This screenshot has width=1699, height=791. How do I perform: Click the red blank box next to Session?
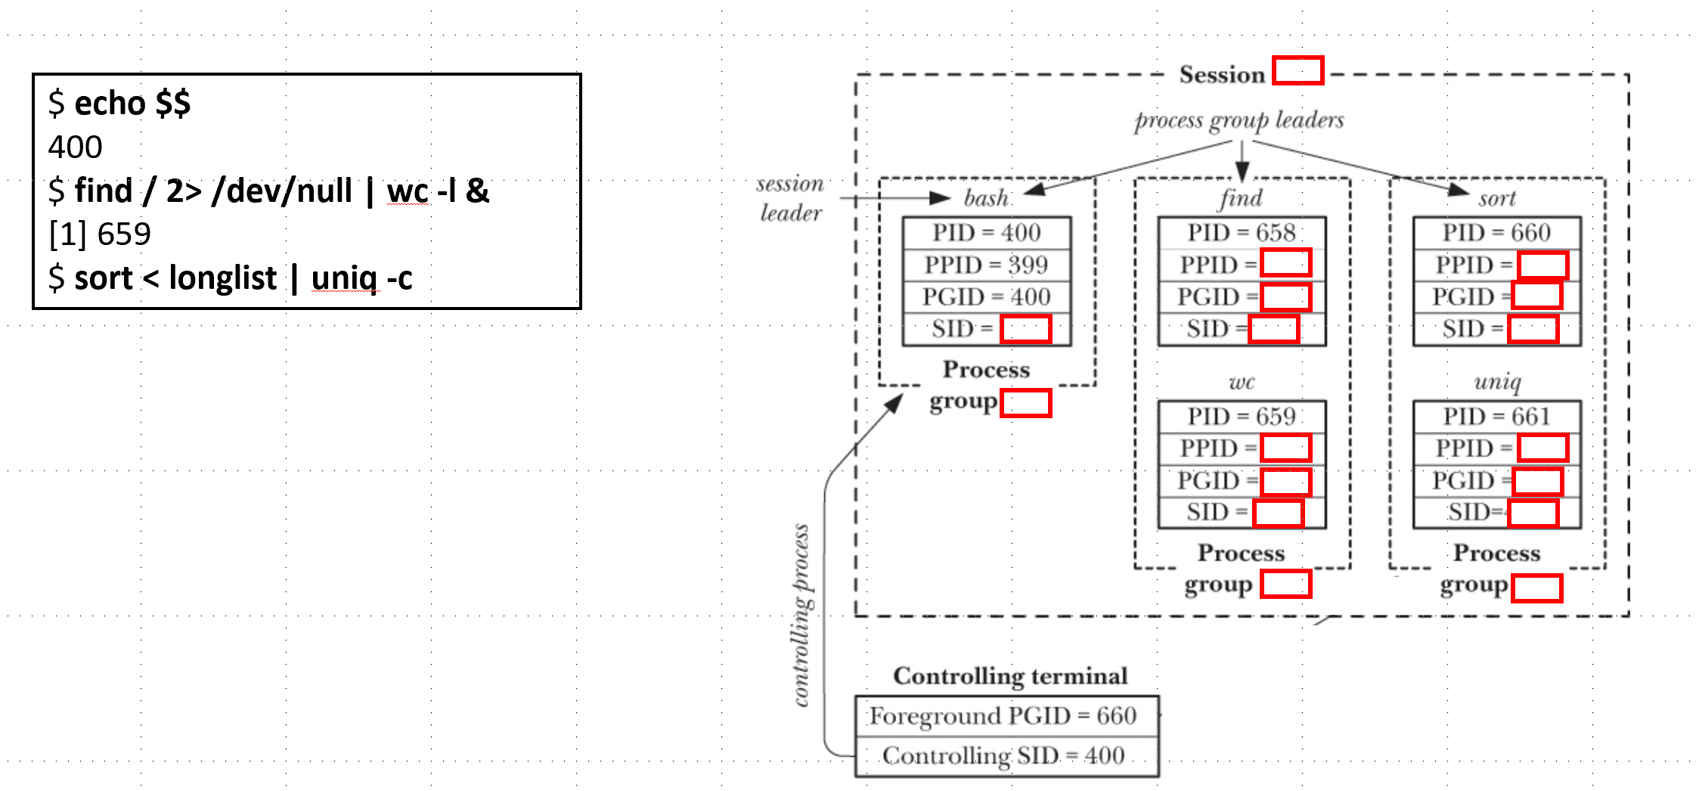click(1298, 70)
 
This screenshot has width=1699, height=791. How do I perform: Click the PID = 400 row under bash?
click(986, 233)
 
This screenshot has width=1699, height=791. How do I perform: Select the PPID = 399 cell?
click(986, 265)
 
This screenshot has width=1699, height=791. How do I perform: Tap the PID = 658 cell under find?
click(1241, 233)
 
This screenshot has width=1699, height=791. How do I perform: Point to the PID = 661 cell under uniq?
click(1496, 417)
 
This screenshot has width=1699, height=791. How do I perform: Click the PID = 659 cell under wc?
click(1241, 417)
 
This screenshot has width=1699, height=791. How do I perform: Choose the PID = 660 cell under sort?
click(1496, 233)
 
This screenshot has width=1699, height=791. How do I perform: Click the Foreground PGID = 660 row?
click(1003, 715)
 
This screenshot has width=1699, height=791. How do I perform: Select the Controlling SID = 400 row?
click(1003, 755)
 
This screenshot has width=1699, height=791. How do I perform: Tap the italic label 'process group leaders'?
click(1239, 120)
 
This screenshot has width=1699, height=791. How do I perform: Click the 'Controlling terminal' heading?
click(1010, 675)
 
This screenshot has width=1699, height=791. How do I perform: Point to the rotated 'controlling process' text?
click(801, 614)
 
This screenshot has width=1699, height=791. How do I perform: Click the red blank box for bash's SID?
click(1025, 330)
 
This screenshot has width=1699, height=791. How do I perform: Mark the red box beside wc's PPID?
click(1285, 448)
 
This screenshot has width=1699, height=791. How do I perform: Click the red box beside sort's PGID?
click(1537, 295)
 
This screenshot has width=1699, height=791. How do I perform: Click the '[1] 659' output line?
click(100, 234)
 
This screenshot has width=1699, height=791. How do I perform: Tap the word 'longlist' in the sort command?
click(222, 278)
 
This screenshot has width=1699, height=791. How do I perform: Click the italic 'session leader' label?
click(790, 198)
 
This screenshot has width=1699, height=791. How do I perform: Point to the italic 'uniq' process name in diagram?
click(1497, 381)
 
